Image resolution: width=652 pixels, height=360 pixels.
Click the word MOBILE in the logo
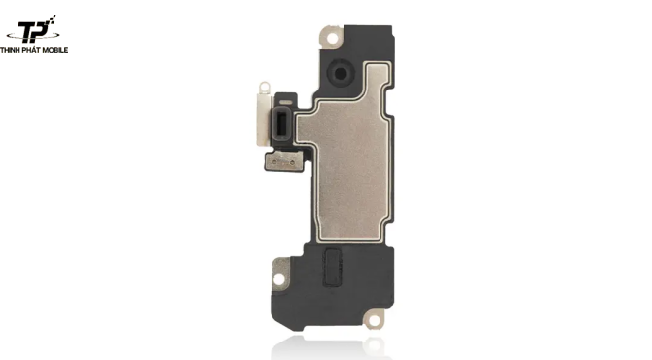pos(54,50)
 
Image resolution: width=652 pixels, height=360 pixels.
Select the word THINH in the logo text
pos(11,50)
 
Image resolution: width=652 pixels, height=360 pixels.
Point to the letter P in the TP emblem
pos(43,31)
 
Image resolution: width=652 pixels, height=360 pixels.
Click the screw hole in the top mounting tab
pos(332,38)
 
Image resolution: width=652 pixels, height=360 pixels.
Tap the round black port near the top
pos(341,74)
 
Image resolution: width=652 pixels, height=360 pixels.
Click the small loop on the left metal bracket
pos(264,88)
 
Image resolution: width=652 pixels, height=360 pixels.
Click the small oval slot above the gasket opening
pos(286,102)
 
